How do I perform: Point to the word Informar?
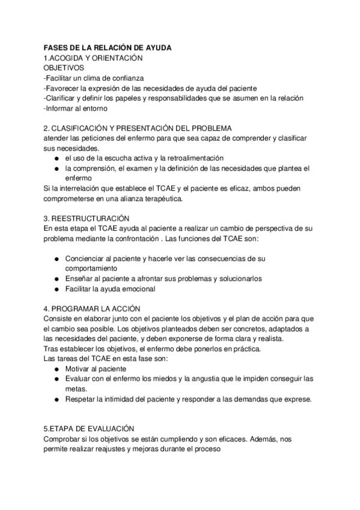pos(62,108)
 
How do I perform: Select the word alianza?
pos(139,198)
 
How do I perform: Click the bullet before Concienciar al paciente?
pos(55,259)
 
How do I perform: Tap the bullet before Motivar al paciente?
pos(55,368)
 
